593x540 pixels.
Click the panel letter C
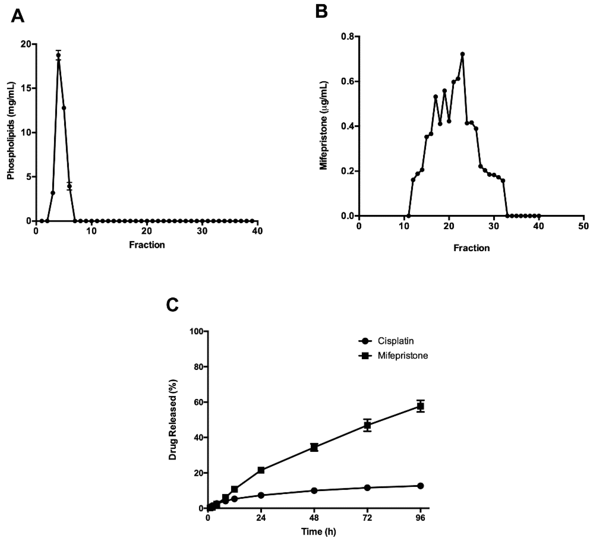tap(172, 305)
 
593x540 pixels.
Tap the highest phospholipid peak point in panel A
tap(58, 55)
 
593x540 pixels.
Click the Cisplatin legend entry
tap(396, 341)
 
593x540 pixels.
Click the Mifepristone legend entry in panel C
tap(403, 356)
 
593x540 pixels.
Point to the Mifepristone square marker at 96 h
tap(421, 406)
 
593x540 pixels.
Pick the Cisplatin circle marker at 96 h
tap(421, 486)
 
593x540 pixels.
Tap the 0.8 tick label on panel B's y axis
tap(346, 37)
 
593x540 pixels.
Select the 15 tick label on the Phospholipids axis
tap(26, 88)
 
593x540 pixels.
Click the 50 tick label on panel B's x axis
tap(584, 226)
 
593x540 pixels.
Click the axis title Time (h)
tap(318, 532)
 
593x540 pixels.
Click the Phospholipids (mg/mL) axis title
tap(11, 131)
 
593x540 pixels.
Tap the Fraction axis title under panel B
tap(472, 248)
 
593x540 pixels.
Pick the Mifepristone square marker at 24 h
tap(261, 470)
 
